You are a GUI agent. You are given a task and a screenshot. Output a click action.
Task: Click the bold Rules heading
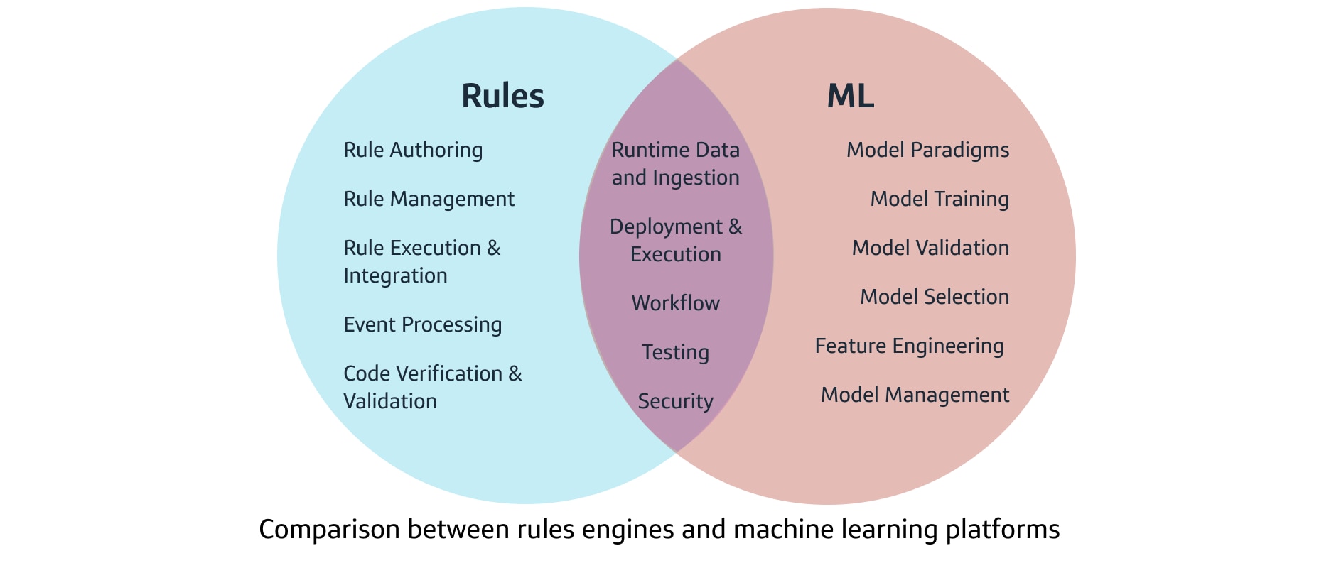click(x=502, y=96)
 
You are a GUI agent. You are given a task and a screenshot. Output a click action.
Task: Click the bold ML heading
click(x=850, y=96)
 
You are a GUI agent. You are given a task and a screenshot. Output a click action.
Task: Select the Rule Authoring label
click(x=413, y=150)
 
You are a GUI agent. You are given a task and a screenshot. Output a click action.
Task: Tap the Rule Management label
click(x=429, y=199)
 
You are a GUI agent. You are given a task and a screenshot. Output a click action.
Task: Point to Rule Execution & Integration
click(x=421, y=261)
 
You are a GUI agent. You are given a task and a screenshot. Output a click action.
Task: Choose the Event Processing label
click(x=422, y=324)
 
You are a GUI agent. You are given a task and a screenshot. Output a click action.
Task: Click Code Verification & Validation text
click(x=432, y=387)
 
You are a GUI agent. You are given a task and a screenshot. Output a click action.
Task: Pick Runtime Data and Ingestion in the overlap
click(x=675, y=163)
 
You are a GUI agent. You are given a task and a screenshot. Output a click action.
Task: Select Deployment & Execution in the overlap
click(x=675, y=240)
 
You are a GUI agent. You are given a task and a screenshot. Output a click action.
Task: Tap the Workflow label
click(x=675, y=303)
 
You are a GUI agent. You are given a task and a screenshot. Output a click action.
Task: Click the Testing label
click(x=675, y=352)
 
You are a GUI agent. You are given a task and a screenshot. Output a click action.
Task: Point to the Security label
click(x=675, y=401)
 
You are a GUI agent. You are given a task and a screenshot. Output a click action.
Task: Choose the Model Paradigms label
click(x=927, y=150)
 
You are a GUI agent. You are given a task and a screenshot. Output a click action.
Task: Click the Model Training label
click(x=940, y=199)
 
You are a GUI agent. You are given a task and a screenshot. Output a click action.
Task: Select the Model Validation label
click(x=930, y=248)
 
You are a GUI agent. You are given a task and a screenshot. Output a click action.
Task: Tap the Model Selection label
click(x=935, y=297)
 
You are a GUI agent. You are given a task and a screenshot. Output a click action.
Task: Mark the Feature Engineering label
click(x=909, y=346)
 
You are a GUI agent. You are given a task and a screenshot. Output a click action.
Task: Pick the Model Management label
click(x=915, y=395)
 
